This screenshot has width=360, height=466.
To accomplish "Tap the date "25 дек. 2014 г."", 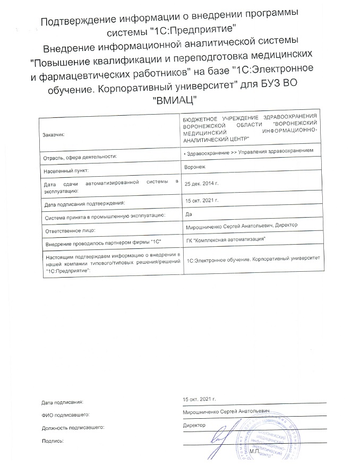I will [201, 183].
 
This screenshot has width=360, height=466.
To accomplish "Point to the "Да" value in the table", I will [186, 214].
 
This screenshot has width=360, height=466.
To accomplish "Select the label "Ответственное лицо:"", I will [68, 231].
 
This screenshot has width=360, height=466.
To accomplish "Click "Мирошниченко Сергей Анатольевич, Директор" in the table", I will [240, 226].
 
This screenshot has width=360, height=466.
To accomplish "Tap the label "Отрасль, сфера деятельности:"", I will [80, 157].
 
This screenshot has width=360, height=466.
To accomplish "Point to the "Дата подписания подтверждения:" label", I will [84, 203].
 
